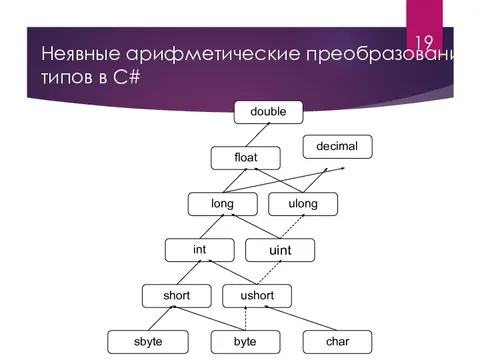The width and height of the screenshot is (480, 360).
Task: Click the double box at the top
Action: [268, 112]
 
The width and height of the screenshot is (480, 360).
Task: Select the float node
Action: [245, 158]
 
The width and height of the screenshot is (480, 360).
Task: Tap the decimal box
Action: [337, 147]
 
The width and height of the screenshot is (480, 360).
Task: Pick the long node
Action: [222, 204]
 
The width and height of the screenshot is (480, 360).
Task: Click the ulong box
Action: [303, 204]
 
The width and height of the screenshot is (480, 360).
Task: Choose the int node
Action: [199, 248]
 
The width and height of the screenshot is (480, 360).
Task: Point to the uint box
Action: [280, 249]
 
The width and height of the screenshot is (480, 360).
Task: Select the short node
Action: [176, 295]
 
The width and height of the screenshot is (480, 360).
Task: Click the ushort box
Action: [256, 295]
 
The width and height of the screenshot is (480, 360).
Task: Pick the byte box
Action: [245, 341]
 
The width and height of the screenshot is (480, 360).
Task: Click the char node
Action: [337, 341]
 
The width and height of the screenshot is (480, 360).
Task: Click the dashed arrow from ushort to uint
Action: [268, 272]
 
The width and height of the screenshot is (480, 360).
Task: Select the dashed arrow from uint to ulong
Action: [291, 227]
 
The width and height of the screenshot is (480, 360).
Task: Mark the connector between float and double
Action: [256, 135]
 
